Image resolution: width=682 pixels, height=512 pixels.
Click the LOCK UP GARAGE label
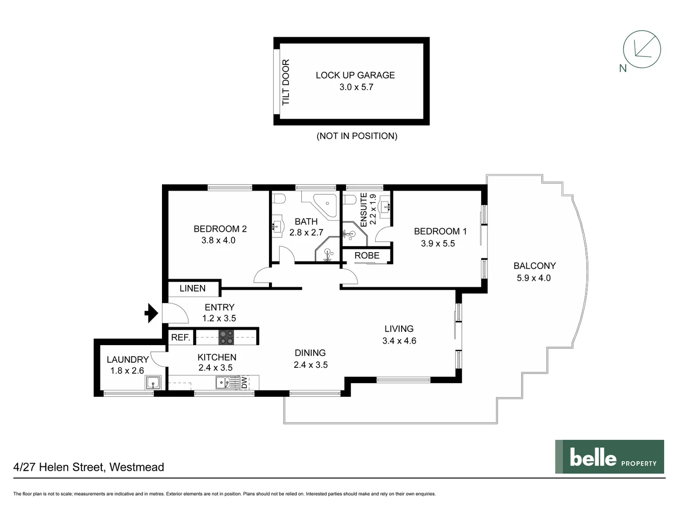point(355,75)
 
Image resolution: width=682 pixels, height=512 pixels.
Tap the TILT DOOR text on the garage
point(286,82)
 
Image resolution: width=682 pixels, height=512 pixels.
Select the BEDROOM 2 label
point(220,229)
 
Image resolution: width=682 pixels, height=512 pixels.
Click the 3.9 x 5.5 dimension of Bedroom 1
point(438,243)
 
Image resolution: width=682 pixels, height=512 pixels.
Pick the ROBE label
point(367,256)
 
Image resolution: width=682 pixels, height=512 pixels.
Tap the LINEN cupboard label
point(192,288)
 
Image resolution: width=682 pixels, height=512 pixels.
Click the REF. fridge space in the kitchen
point(180,337)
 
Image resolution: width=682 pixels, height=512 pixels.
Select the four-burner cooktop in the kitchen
point(226,337)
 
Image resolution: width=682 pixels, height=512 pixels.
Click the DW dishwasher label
point(244,383)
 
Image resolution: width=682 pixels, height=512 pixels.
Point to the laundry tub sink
point(153,382)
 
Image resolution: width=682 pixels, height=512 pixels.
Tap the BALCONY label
point(534,265)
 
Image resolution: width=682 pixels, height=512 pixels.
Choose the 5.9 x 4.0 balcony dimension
point(533,278)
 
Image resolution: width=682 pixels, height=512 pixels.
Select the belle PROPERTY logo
point(609,457)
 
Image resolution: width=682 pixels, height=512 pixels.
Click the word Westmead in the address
point(136,467)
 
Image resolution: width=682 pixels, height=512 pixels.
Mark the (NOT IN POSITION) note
point(357,136)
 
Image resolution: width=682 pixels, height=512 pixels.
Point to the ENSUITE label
point(364,210)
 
